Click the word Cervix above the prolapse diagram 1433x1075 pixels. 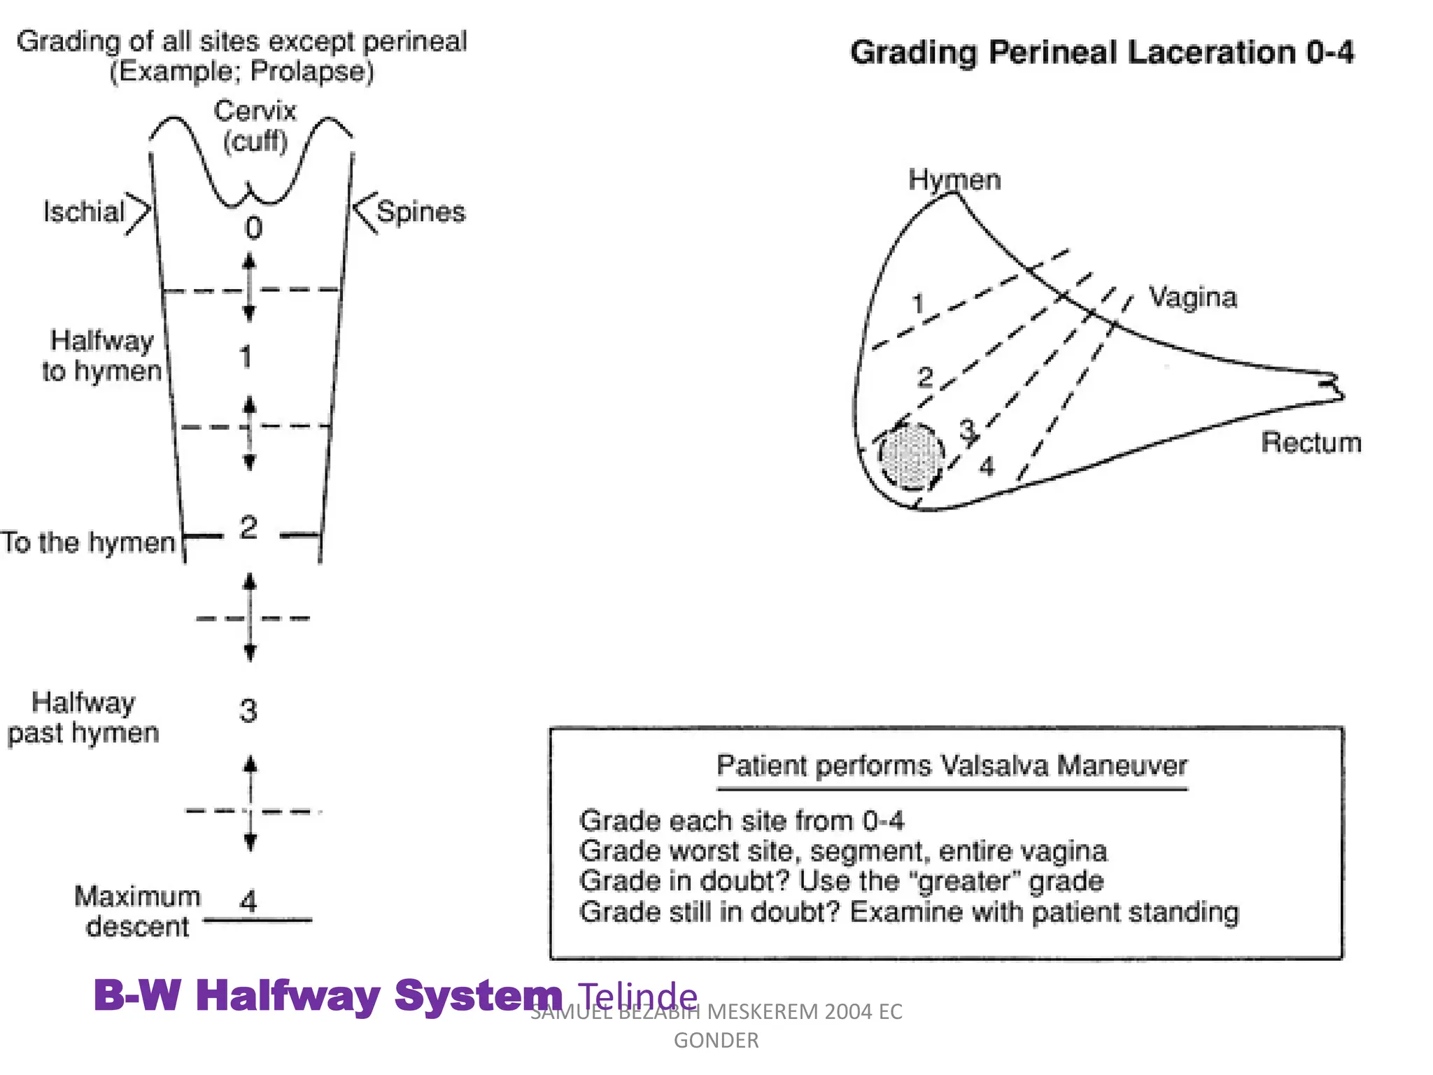click(255, 111)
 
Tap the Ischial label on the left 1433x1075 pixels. click(83, 211)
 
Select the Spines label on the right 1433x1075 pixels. click(421, 211)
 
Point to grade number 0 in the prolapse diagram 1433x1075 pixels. click(253, 228)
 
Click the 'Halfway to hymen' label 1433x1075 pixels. click(102, 356)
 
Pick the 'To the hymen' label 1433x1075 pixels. click(88, 542)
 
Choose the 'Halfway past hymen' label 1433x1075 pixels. click(83, 717)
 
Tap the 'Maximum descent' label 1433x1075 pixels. click(137, 911)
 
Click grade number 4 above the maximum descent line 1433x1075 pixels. click(248, 901)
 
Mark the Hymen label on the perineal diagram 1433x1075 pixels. click(954, 180)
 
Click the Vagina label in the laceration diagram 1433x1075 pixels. click(1193, 297)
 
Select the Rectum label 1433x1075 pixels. click(1311, 442)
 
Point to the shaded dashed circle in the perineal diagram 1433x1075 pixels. click(911, 456)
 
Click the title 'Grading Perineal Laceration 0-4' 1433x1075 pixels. click(1102, 52)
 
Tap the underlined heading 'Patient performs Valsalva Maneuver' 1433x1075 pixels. click(952, 766)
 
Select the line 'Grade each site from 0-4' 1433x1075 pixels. click(742, 820)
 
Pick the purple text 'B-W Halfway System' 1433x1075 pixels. click(327, 995)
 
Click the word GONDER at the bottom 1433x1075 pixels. click(716, 1041)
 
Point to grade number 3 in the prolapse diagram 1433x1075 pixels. click(248, 711)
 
